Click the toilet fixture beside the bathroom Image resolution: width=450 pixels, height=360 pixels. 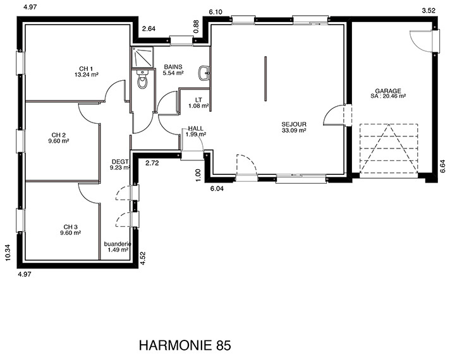pos(142,80)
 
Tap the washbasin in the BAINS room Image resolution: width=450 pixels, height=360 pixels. pos(204,73)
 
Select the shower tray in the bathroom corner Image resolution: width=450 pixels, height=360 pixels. pos(143,57)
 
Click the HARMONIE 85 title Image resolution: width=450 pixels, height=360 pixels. pos(185,345)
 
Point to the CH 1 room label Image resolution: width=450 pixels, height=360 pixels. pos(86,69)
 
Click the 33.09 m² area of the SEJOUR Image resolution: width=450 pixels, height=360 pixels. pos(294,130)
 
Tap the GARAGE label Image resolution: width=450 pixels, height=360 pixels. pos(388,91)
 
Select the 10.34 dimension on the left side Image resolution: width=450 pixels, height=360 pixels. pos(8,253)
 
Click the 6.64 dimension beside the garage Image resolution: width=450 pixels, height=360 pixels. pos(443,166)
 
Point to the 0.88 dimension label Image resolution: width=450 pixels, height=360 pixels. pos(197,27)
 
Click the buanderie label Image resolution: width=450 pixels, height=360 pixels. pos(118,244)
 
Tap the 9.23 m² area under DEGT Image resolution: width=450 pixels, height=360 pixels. pos(120,168)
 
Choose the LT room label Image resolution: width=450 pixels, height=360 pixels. pos(198,100)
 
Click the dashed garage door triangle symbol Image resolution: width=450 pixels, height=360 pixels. pos(389,148)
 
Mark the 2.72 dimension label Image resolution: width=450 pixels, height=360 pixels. pos(152,164)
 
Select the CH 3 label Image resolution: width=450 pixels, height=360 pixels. pos(71,227)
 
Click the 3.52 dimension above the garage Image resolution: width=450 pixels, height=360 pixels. pos(429,11)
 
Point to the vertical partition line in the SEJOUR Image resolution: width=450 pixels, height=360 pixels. pos(265,78)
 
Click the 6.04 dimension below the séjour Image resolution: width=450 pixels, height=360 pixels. pos(217,189)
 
